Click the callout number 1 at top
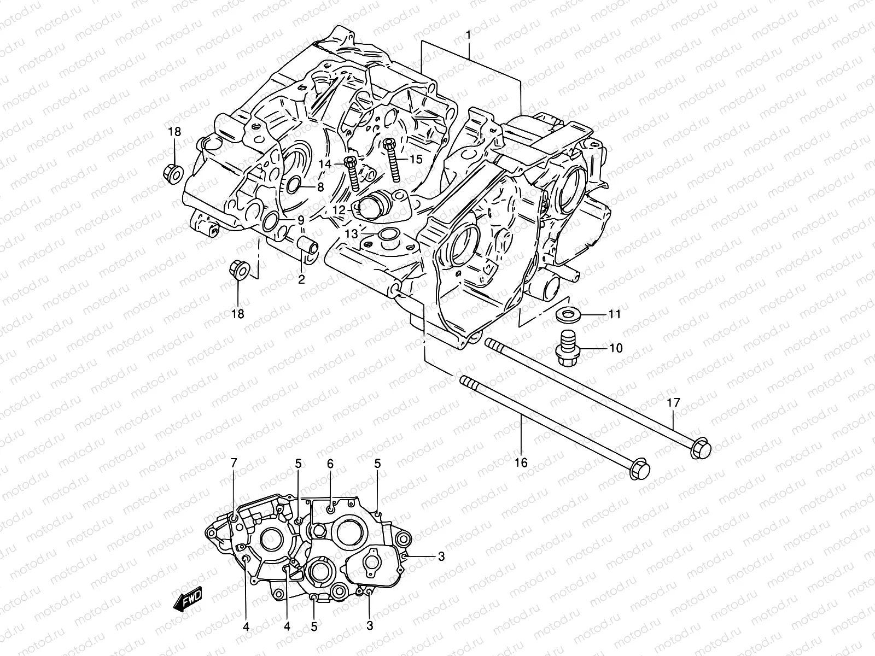468,36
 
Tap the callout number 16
521,463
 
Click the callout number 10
615,348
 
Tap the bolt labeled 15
393,159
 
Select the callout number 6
330,464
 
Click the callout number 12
339,209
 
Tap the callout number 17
673,403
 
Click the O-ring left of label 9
270,221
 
